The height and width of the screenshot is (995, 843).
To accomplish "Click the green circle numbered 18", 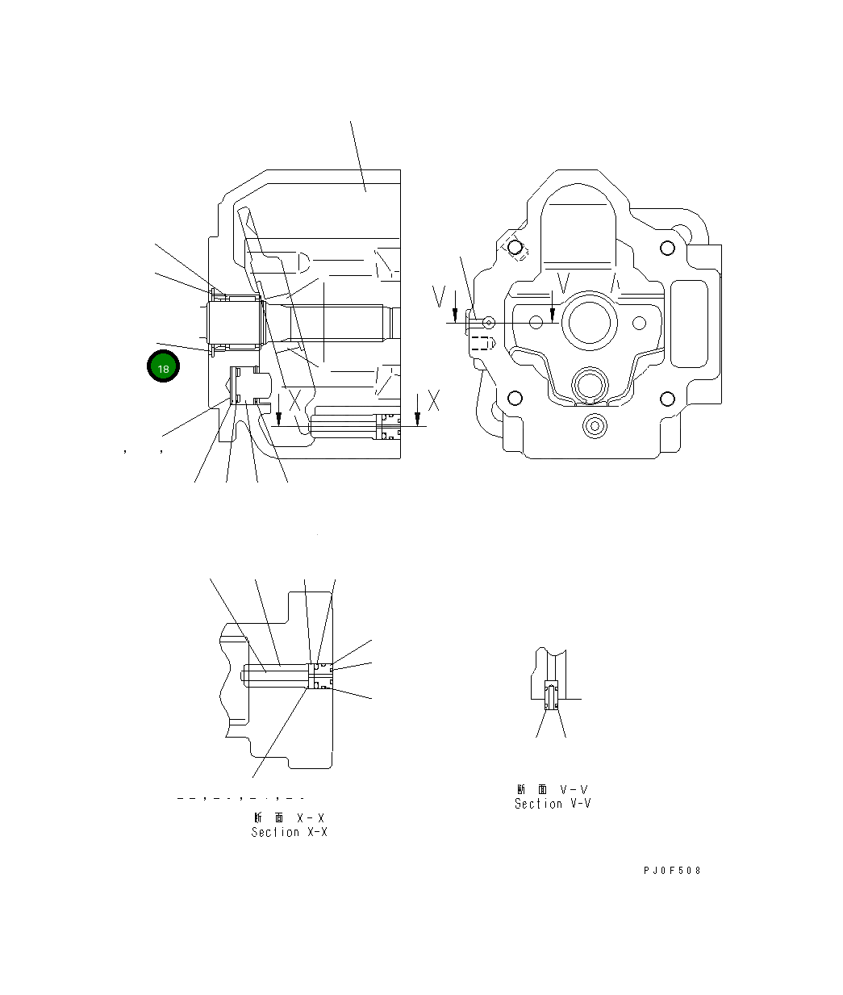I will point(163,368).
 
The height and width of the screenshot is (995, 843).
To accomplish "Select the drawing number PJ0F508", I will point(672,871).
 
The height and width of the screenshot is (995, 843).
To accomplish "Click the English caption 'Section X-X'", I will point(289,832).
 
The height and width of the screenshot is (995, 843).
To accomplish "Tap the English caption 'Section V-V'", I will point(553,804).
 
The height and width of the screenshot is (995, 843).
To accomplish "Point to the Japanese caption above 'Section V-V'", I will point(553,789).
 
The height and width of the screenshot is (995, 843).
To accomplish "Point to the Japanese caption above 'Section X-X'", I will point(289,817).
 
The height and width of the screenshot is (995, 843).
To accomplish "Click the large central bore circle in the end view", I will point(593,322).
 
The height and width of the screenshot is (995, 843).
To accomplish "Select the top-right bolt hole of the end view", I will point(666,248).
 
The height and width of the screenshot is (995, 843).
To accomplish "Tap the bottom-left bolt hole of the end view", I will point(514,398).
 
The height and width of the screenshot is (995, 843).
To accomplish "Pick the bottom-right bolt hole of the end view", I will point(666,398).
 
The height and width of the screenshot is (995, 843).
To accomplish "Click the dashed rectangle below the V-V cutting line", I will point(481,343).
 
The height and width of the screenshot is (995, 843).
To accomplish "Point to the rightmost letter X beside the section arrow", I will point(433,400).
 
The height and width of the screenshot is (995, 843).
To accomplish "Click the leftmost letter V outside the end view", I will point(438,298).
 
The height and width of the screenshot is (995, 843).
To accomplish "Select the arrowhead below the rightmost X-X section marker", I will point(417,418).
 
